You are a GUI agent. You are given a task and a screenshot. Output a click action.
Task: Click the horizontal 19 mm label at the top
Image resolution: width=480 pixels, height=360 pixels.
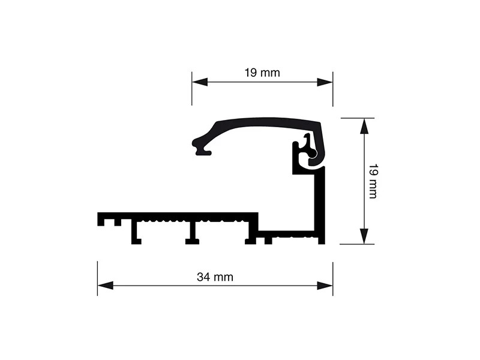click(262, 73)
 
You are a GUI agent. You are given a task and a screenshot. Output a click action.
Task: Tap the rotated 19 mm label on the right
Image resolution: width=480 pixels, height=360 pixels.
click(373, 181)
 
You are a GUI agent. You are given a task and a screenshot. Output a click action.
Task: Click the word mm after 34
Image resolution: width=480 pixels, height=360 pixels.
click(223, 278)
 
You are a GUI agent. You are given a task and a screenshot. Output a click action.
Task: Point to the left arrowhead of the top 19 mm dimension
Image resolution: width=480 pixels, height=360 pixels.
click(200, 82)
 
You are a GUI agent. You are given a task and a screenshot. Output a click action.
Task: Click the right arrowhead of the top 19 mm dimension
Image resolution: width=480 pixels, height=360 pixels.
click(325, 82)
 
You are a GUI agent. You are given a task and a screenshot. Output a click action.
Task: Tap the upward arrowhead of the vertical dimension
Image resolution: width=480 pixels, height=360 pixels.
click(364, 126)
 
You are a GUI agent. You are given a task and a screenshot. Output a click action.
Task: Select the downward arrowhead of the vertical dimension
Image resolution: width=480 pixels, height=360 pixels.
click(364, 236)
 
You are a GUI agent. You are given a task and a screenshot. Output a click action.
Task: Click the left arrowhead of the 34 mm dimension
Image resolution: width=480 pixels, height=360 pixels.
click(106, 286)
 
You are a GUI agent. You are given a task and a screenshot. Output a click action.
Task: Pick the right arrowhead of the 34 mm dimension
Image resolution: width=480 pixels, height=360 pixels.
click(325, 286)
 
